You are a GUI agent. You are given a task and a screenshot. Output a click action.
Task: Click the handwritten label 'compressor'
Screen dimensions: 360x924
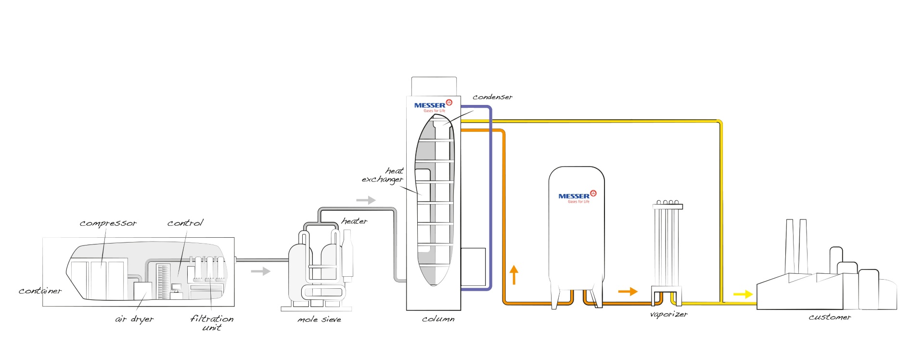pyautogui.click(x=108, y=223)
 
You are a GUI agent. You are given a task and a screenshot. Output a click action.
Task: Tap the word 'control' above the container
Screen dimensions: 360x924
pyautogui.click(x=185, y=223)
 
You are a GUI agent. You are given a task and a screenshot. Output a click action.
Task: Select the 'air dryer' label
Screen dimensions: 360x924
pyautogui.click(x=134, y=319)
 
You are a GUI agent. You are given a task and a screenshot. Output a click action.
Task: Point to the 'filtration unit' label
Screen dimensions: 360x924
pyautogui.click(x=212, y=322)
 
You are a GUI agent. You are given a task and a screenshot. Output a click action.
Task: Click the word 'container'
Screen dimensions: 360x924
pyautogui.click(x=40, y=291)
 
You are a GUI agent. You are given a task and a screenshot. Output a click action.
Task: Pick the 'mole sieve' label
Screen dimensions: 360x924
pyautogui.click(x=319, y=320)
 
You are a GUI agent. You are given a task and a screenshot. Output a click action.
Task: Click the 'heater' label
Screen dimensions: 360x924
pyautogui.click(x=354, y=221)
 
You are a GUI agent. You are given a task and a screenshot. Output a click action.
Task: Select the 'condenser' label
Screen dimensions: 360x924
pyautogui.click(x=492, y=97)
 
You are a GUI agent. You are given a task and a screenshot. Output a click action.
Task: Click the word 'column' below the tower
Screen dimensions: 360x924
pyautogui.click(x=438, y=319)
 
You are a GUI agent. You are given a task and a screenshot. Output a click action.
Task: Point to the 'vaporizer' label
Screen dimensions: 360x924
pyautogui.click(x=668, y=314)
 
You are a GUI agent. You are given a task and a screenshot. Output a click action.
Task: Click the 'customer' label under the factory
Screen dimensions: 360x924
pyautogui.click(x=830, y=317)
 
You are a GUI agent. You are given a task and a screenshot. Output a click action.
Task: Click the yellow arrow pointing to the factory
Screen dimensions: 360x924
pyautogui.click(x=743, y=294)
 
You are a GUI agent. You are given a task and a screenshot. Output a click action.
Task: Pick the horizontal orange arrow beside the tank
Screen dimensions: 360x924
pyautogui.click(x=628, y=291)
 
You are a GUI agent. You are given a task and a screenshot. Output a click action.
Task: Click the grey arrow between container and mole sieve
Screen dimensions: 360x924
pyautogui.click(x=260, y=271)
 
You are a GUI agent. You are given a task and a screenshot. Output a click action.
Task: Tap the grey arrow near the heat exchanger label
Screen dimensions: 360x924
pyautogui.click(x=366, y=200)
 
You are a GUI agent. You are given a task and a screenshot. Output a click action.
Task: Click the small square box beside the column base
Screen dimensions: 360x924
pyautogui.click(x=473, y=267)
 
